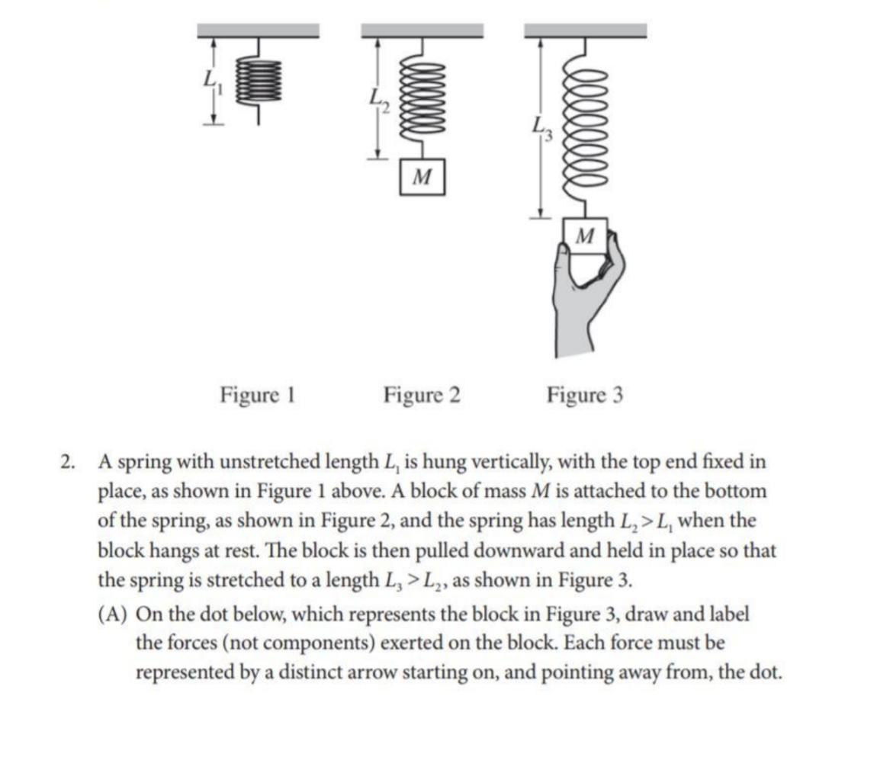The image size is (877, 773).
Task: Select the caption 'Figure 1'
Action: coord(257,396)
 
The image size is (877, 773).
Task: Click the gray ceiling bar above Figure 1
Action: coord(258,30)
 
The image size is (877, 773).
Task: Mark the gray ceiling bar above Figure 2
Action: coord(422,30)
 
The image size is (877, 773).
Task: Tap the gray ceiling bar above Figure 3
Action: coord(586,30)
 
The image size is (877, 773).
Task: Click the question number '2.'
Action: coord(70,463)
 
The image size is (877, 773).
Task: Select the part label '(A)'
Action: coord(115,614)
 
